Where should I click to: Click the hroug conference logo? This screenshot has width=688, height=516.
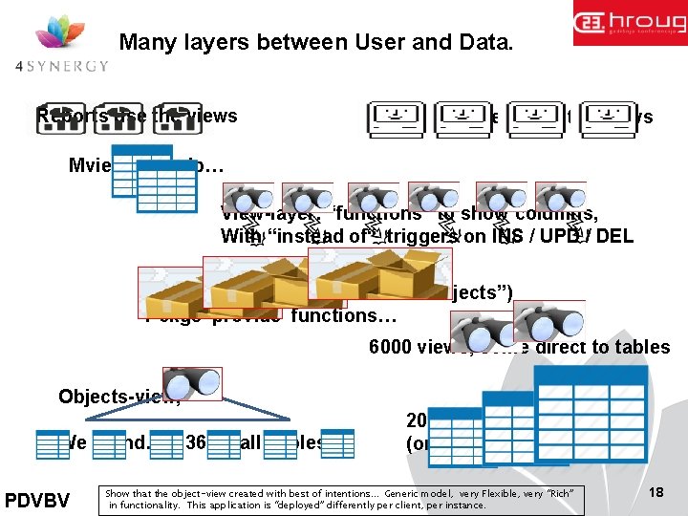pos(629,24)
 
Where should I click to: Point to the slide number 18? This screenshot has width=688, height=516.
pos(656,490)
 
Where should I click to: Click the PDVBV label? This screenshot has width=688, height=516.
pos(36,499)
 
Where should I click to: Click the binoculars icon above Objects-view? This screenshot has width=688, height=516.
pos(192,382)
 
